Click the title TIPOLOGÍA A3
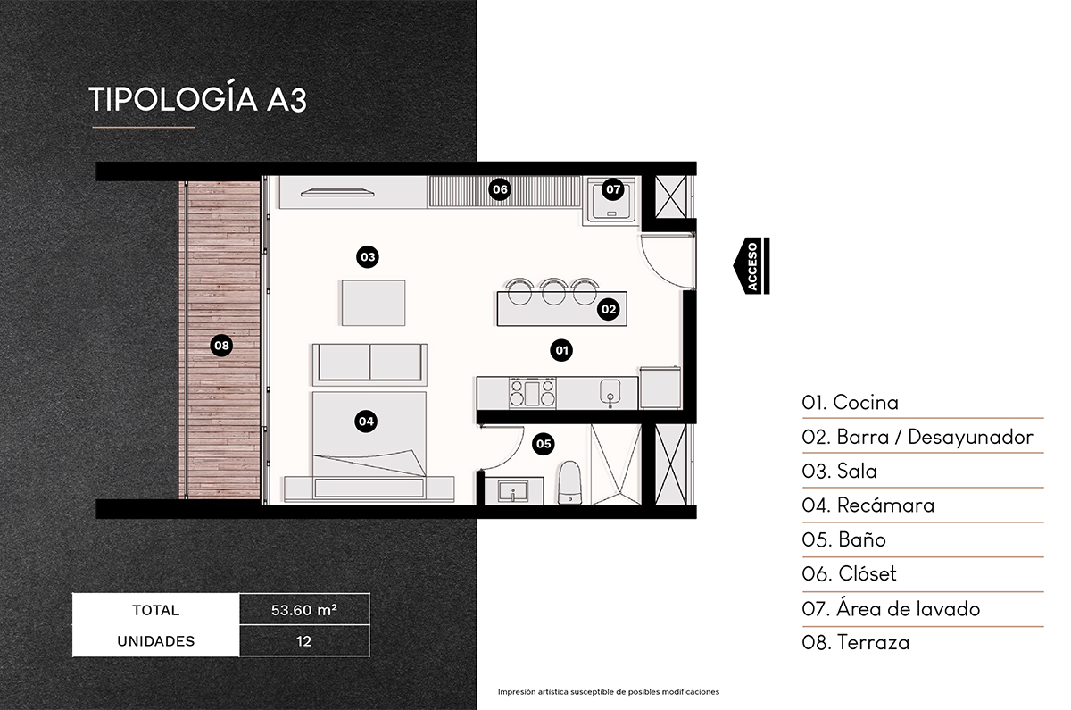198,99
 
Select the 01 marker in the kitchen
561,350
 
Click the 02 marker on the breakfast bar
609,310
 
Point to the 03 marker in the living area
367,257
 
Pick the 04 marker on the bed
365,420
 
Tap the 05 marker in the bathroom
543,443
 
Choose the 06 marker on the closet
499,189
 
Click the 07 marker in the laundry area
612,189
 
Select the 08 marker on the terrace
220,345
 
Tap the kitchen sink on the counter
610,391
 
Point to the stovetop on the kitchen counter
532,391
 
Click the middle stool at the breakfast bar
552,288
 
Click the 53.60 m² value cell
303,611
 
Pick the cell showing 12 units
303,641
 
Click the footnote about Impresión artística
608,692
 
